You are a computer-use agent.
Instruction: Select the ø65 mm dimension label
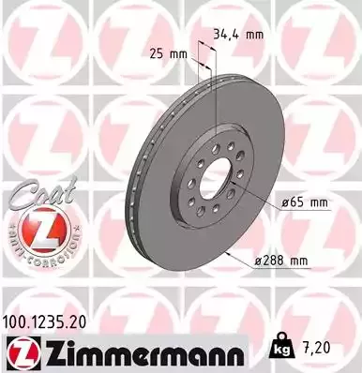306,201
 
